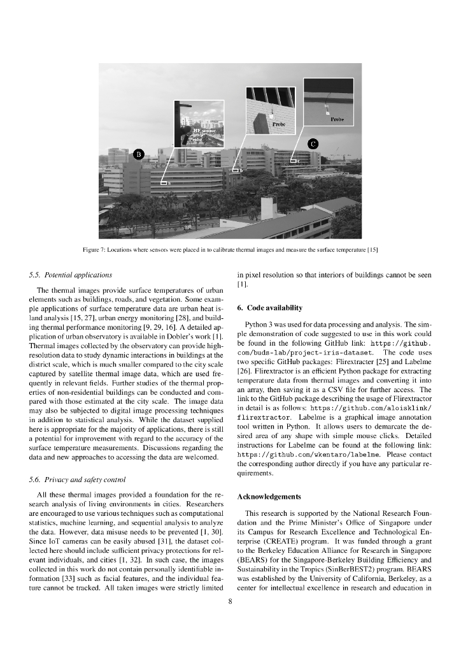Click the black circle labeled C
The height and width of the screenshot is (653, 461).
[313, 143]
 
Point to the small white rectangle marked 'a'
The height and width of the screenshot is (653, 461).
[164, 184]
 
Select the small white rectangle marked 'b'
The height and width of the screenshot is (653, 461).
[235, 170]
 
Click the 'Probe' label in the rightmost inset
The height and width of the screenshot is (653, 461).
[337, 119]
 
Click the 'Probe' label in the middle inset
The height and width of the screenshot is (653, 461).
[278, 123]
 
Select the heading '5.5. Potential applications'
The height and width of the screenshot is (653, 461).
[71, 275]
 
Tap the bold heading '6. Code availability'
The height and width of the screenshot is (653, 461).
[269, 308]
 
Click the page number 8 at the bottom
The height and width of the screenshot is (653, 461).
[230, 600]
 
